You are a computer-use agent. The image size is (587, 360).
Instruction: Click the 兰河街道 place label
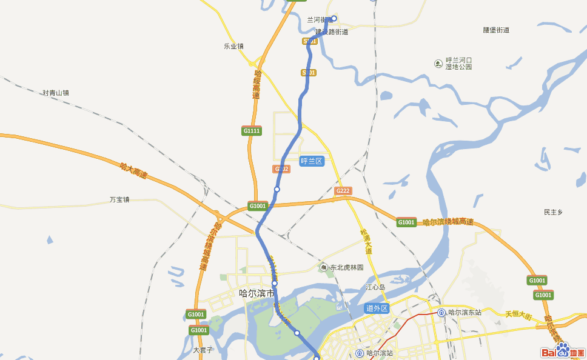click(320, 19)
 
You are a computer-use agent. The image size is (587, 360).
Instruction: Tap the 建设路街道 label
click(331, 32)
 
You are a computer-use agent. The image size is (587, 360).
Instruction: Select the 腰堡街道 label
click(495, 30)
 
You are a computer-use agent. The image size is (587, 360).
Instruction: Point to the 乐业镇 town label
click(233, 46)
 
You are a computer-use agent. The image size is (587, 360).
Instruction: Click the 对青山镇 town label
click(56, 93)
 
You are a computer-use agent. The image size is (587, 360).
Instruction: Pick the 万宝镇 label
click(119, 199)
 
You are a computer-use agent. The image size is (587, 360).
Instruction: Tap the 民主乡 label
click(553, 212)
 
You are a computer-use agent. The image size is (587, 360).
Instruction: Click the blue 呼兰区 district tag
click(312, 161)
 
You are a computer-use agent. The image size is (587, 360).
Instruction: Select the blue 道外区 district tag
click(377, 308)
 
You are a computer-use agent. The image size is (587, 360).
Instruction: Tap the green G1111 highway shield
click(252, 131)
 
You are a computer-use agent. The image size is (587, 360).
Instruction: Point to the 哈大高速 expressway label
click(133, 170)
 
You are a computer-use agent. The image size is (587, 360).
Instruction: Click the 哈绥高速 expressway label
click(257, 85)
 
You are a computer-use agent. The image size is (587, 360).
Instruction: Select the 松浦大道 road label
click(365, 241)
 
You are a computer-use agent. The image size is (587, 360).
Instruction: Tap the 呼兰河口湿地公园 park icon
click(438, 64)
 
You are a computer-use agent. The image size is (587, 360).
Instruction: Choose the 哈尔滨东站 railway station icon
click(441, 312)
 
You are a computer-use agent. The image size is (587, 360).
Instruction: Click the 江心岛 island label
click(375, 287)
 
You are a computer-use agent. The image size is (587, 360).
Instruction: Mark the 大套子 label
click(203, 350)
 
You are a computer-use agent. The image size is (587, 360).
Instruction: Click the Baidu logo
click(562, 351)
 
